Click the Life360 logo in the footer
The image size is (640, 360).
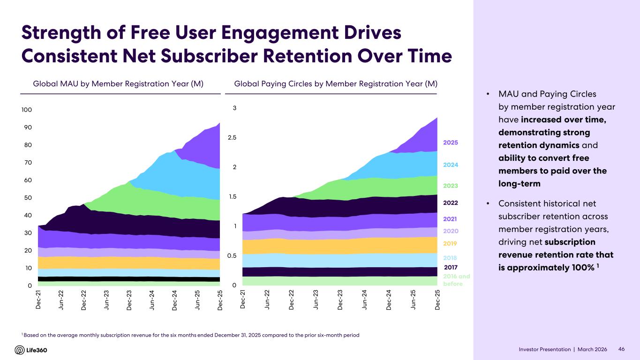tap(31, 350)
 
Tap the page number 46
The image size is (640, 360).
tap(621, 349)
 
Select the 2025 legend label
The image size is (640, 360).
tap(450, 142)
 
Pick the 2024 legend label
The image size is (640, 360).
tap(450, 165)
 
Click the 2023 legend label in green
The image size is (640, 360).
tap(450, 186)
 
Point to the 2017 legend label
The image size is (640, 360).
tap(450, 267)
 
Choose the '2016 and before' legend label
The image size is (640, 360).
tap(456, 280)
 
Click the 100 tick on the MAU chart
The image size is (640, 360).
tap(26, 110)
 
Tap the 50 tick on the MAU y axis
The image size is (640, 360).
tap(28, 198)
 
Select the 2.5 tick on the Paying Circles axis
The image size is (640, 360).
tap(232, 138)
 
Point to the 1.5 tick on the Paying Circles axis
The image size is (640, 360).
tap(232, 197)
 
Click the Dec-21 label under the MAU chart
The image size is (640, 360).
tap(38, 300)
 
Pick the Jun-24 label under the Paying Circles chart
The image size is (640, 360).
tap(364, 300)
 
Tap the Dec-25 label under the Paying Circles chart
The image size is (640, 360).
tap(437, 300)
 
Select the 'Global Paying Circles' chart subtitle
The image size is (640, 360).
tap(335, 84)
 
